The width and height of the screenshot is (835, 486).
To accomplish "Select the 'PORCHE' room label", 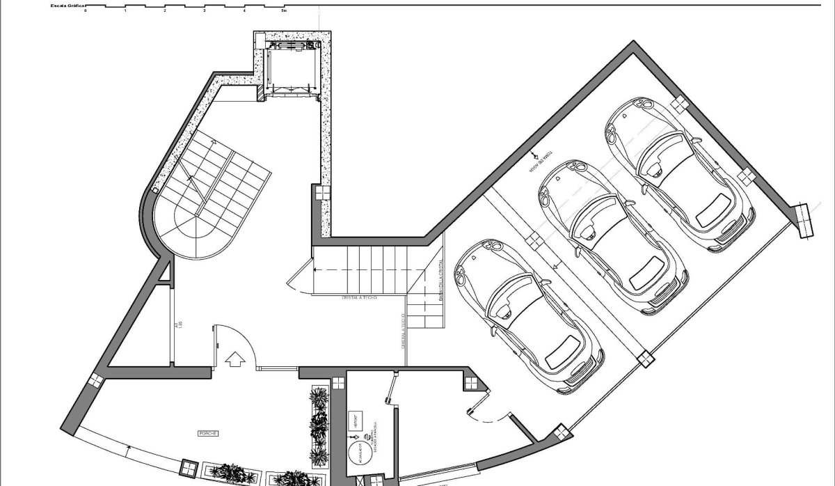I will pyautogui.click(x=208, y=433).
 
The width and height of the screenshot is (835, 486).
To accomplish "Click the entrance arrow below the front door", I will pyautogui.click(x=235, y=358).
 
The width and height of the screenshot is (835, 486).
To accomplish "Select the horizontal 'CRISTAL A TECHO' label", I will pyautogui.click(x=360, y=297).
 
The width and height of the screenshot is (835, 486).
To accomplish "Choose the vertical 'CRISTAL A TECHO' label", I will pyautogui.click(x=402, y=331).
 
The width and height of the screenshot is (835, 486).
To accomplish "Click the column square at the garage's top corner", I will pyautogui.click(x=678, y=104).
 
